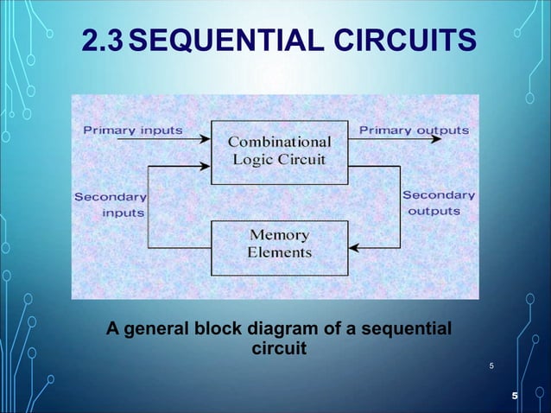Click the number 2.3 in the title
106,40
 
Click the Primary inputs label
132,130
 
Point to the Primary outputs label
414,130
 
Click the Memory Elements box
279,244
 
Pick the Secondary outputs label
439,202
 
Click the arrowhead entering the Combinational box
206,138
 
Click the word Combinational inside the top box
279,140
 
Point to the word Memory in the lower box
279,235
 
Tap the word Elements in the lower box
279,252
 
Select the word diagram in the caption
278,330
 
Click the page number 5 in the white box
515,396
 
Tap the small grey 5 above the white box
491,366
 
